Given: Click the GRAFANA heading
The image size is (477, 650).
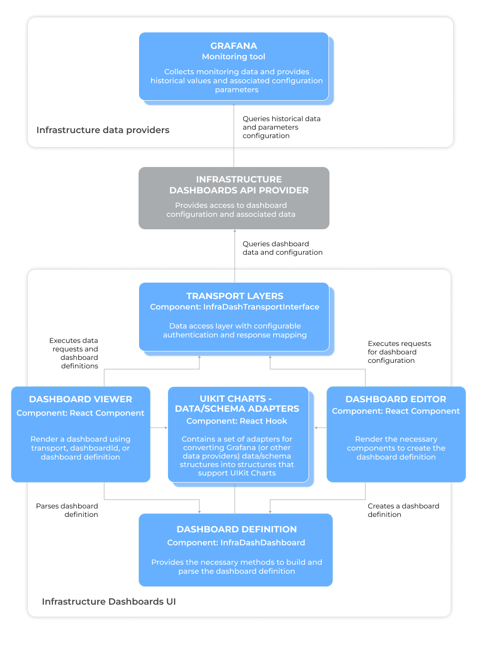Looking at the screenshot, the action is point(234,46).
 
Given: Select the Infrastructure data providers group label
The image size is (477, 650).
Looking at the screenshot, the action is point(103,130).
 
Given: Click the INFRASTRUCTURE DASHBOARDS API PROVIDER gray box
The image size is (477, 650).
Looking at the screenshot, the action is point(234,198).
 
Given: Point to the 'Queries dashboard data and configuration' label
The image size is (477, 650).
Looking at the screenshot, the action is point(282,248).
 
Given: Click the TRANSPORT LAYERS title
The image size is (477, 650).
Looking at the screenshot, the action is point(235,296).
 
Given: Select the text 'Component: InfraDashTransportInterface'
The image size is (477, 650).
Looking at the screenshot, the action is point(234,307).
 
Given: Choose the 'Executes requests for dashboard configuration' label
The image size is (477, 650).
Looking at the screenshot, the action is point(399,352).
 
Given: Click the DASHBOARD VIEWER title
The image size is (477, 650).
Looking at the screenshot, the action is point(80,399).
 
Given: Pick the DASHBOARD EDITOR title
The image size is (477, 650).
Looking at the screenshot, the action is point(396,399).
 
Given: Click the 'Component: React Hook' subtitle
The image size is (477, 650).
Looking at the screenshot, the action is point(236,421).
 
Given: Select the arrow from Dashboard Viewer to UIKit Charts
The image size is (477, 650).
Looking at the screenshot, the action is point(159,427).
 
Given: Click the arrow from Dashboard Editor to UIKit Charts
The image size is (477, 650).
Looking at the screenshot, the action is point(320,427).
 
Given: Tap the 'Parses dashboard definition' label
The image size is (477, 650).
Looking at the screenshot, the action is point(67,510).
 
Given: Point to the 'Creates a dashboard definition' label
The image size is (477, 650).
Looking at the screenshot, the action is point(403,510).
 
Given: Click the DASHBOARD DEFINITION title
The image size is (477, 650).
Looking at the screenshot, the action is point(236,529).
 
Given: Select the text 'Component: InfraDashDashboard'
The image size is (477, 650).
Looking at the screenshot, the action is point(236,543).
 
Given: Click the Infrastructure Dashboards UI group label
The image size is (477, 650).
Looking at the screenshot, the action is point(109,602).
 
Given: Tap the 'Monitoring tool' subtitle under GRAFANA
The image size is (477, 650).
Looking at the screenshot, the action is point(234,57).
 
